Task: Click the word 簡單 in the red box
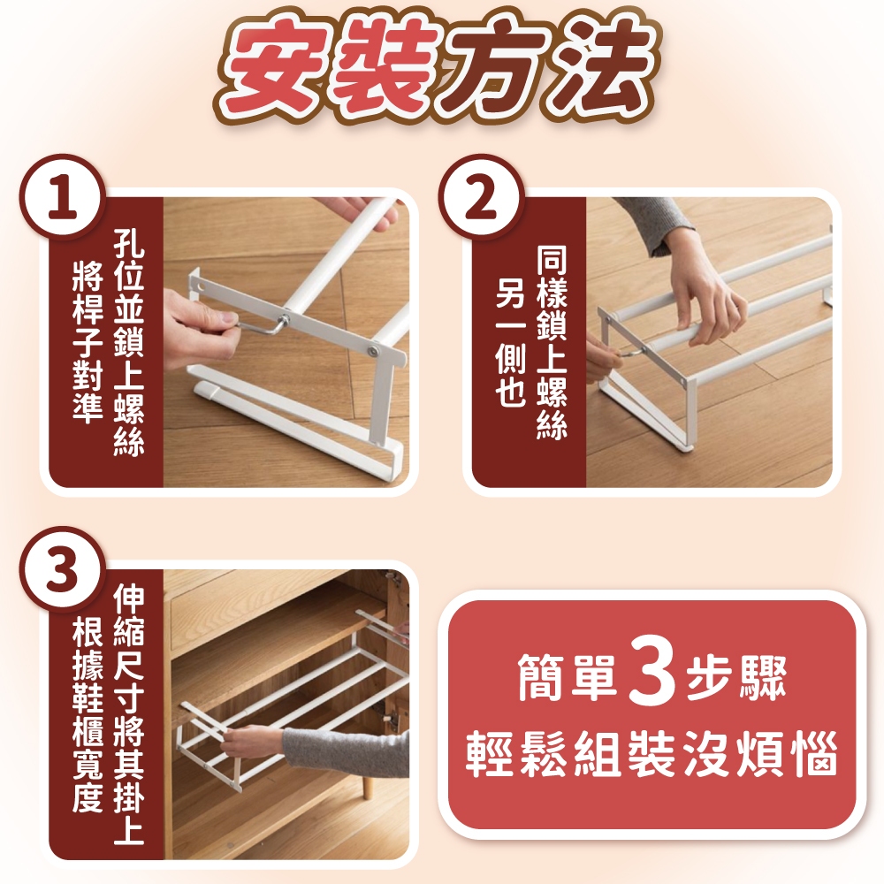pos(568,674)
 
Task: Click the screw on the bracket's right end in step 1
pos(373,351)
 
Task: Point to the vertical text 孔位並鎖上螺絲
pos(129,341)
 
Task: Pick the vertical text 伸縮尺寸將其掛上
pos(129,713)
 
